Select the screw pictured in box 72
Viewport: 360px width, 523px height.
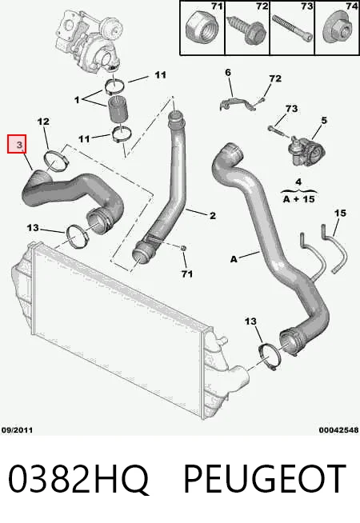[247, 30]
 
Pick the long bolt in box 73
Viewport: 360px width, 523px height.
[292, 28]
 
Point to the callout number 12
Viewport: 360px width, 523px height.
[43, 122]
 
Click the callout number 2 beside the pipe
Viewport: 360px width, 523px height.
[213, 216]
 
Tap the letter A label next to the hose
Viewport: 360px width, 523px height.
[234, 259]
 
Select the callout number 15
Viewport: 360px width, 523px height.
[340, 213]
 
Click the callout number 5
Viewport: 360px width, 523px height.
[324, 121]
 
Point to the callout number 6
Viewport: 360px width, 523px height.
[228, 73]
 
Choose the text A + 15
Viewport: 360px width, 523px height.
[298, 199]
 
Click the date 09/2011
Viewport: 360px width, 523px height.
[17, 430]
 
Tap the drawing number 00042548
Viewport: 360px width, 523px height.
[338, 430]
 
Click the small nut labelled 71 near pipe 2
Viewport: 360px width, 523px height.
[183, 249]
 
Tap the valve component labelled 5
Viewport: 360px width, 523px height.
[306, 150]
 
